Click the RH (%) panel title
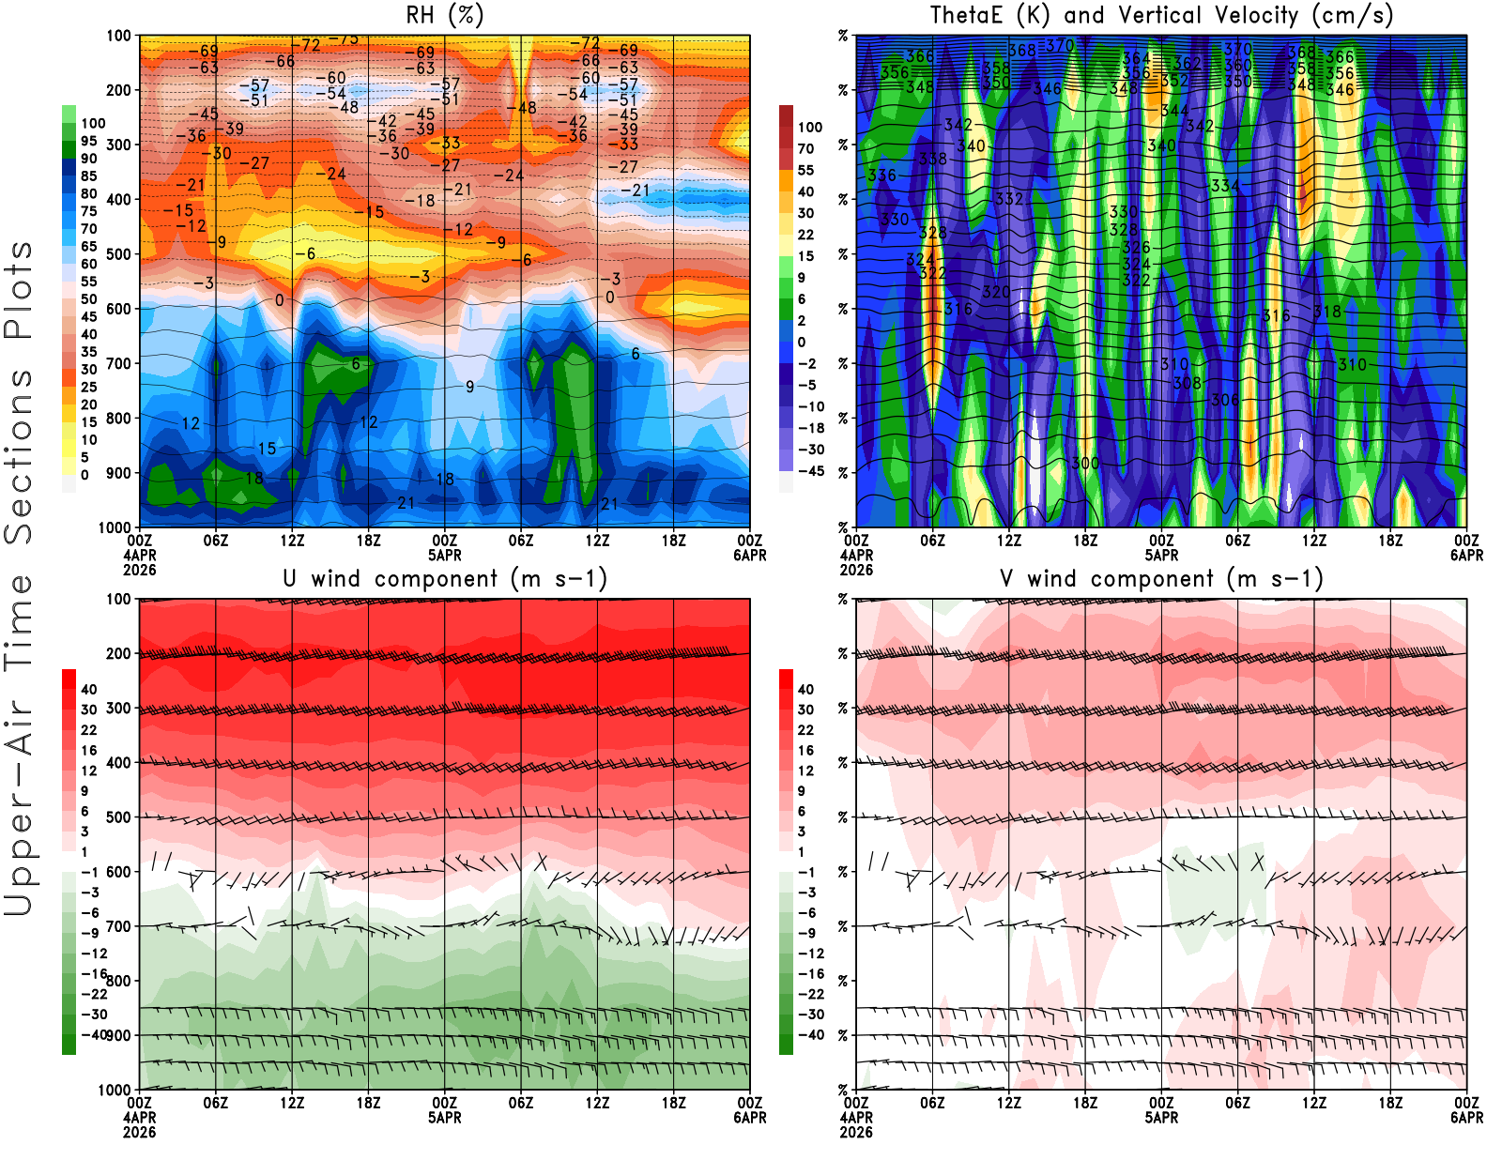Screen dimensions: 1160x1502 (444, 16)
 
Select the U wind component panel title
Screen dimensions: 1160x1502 (444, 579)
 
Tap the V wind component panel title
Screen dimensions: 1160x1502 (1161, 579)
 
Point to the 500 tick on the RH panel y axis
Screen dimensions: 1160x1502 (118, 254)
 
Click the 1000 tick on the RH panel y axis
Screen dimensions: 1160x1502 (115, 527)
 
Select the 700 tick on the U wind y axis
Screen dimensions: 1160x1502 (118, 926)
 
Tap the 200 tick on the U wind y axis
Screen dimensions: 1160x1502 (118, 653)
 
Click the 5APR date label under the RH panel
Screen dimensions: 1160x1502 (444, 555)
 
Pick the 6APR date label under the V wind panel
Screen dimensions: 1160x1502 (1466, 1118)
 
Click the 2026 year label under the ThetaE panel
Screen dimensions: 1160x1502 (856, 570)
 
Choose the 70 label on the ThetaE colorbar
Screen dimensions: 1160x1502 (805, 148)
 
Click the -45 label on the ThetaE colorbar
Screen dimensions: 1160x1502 (810, 471)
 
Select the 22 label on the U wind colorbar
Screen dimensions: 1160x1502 (88, 730)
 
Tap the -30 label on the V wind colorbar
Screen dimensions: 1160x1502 (810, 1015)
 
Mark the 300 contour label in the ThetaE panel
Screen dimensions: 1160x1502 (1085, 463)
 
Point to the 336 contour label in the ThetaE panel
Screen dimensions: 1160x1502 (881, 176)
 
